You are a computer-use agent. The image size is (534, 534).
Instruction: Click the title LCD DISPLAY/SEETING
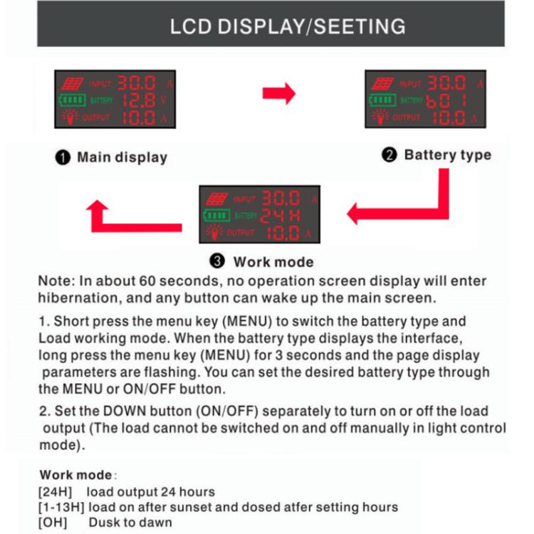(288, 26)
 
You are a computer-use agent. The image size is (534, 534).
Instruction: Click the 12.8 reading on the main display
(140, 100)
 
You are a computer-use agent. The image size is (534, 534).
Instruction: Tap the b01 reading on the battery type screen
(446, 100)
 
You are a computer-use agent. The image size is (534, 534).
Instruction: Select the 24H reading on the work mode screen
(281, 215)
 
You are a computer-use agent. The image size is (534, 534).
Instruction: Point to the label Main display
(122, 157)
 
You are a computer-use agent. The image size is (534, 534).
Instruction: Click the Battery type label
(447, 155)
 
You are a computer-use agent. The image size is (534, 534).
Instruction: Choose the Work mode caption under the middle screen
(273, 261)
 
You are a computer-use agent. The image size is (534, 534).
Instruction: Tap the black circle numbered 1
(63, 157)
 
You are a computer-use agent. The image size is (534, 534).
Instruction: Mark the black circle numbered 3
(218, 261)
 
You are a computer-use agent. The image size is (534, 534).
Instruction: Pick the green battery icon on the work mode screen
(216, 215)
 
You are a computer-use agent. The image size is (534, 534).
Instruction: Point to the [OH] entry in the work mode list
(52, 522)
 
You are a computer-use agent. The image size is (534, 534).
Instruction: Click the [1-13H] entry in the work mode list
(60, 507)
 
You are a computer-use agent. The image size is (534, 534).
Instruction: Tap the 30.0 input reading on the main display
(141, 83)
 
